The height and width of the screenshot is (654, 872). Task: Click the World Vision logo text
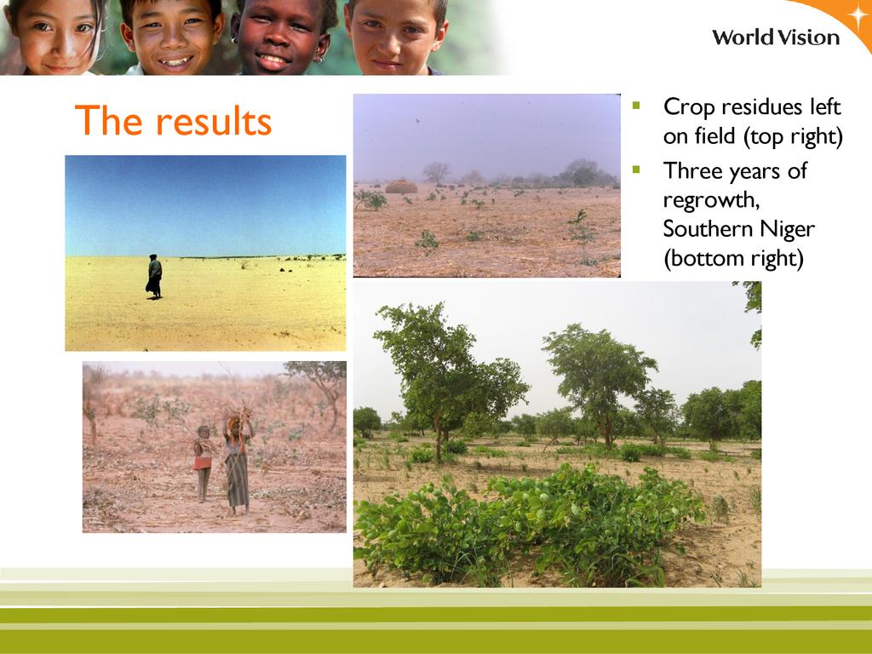point(776,37)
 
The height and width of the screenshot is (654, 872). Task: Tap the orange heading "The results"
point(173,120)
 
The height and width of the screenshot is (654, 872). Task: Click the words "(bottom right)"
point(733,259)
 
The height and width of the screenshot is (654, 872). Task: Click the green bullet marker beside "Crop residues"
point(637,105)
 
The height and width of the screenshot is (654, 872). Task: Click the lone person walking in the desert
point(154,277)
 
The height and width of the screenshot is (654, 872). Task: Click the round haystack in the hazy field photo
point(401,186)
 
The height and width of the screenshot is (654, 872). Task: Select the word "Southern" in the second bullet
point(701,229)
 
